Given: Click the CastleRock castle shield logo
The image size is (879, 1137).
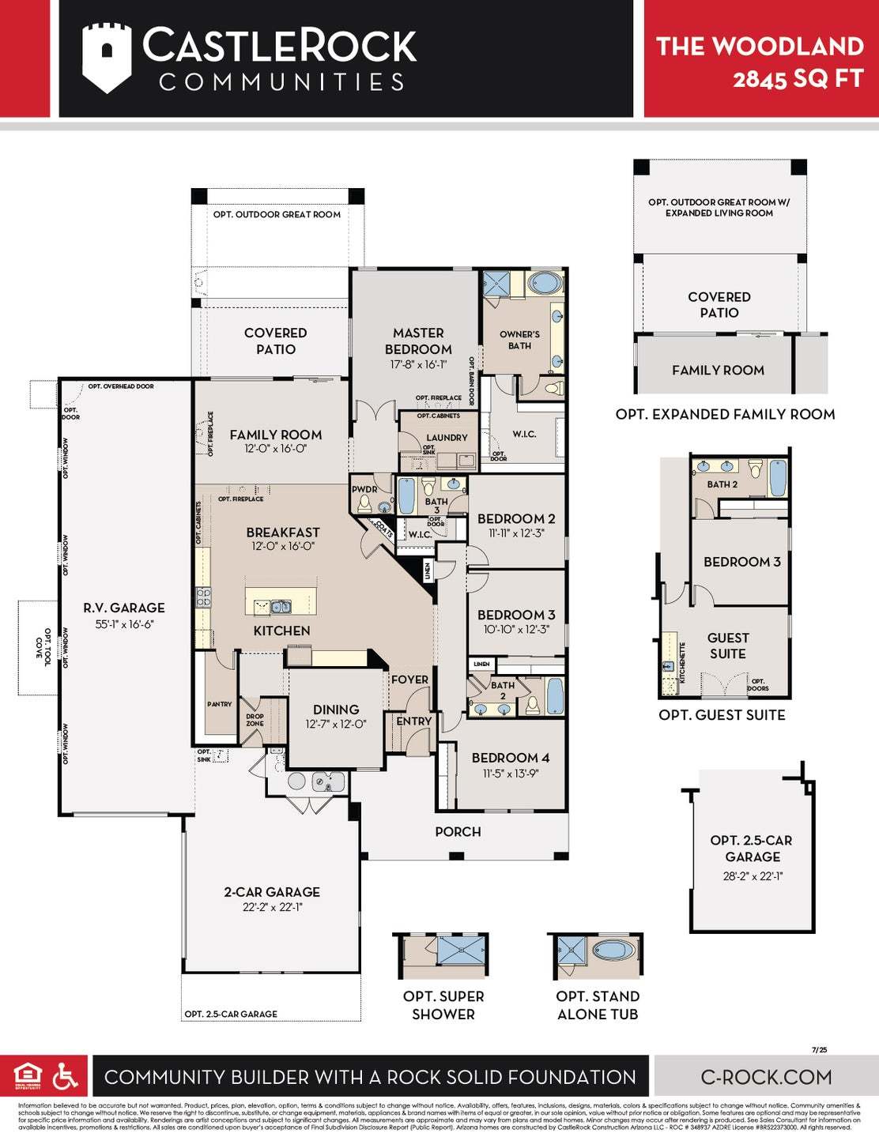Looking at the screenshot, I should (x=106, y=57).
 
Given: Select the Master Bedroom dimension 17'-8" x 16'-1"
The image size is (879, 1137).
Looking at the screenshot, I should (x=418, y=365).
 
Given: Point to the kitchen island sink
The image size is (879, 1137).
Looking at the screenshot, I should (x=281, y=607).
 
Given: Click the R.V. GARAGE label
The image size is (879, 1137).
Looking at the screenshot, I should (x=124, y=608).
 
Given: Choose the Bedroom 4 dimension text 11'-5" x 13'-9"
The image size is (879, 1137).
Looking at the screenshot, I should (x=510, y=774).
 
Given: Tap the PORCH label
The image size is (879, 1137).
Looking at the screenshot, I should (x=458, y=831).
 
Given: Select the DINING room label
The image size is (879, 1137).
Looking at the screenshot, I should (x=336, y=710).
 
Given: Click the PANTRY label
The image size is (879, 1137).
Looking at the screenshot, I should (x=220, y=704).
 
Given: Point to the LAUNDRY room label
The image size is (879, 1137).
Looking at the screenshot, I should (x=447, y=437).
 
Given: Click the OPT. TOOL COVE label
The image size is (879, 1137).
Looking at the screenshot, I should (x=43, y=647).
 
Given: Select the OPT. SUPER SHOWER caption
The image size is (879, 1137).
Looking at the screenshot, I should (x=443, y=1005).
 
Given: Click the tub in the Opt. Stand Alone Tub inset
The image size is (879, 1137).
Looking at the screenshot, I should (x=613, y=949).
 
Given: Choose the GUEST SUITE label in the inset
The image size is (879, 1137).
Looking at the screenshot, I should (x=727, y=646).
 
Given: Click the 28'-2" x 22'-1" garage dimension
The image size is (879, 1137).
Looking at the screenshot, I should (x=753, y=876).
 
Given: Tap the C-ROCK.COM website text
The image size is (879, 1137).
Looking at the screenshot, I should (x=766, y=1077).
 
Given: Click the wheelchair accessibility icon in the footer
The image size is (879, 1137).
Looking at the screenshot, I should (x=66, y=1076).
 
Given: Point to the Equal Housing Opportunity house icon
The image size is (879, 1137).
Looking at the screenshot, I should (x=28, y=1075).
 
